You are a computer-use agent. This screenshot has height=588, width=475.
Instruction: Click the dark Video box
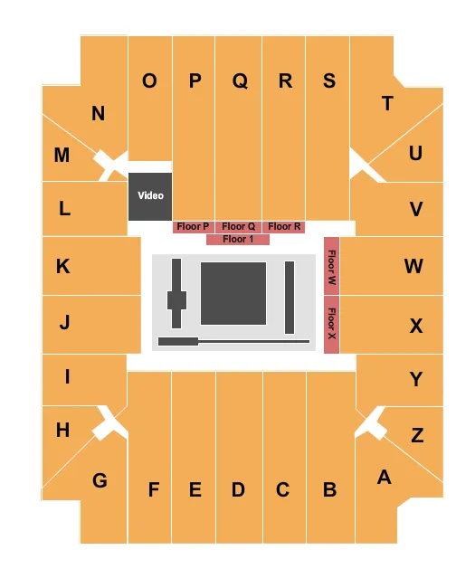[149, 195]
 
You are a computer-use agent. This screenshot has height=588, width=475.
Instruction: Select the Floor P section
[193, 227]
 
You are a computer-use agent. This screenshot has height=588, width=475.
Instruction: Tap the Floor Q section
[239, 227]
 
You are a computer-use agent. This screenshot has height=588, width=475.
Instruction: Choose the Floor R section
[284, 227]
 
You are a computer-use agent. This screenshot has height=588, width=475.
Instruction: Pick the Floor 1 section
[238, 240]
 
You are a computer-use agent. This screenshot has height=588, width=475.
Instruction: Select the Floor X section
[331, 323]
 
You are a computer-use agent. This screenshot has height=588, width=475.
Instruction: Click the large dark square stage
[233, 293]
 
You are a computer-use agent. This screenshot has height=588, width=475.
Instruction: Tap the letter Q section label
[240, 81]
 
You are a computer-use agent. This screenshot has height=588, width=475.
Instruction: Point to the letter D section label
[238, 489]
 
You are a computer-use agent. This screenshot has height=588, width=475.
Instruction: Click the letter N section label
[98, 114]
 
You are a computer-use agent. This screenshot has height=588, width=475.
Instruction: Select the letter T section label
[387, 103]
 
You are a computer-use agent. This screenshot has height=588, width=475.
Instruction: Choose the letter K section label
[62, 266]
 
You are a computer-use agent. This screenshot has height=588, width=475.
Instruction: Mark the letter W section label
[413, 266]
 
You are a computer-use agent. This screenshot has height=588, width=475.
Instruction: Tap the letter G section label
[100, 480]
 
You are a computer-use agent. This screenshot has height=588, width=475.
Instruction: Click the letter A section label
[384, 477]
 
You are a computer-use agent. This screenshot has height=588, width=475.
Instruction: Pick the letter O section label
[149, 81]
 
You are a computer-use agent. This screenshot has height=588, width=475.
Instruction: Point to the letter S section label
[329, 81]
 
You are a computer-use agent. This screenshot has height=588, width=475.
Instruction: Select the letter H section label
[62, 430]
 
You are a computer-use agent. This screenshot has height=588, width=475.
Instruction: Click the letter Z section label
[417, 435]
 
